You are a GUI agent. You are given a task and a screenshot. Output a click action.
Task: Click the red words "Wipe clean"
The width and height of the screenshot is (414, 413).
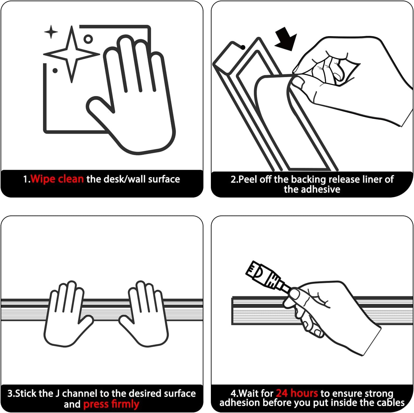(57, 179)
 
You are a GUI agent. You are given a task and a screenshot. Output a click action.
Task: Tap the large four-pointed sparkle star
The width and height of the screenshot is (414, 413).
(72, 54)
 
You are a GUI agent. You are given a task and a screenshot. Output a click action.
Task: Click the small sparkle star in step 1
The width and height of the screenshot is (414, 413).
(51, 32)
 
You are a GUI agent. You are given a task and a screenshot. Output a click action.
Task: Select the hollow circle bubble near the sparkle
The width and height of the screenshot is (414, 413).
(88, 39)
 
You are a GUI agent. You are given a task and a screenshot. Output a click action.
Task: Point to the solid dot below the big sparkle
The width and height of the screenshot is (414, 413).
(55, 70)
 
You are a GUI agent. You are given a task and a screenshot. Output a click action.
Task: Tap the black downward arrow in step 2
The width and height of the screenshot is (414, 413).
(286, 39)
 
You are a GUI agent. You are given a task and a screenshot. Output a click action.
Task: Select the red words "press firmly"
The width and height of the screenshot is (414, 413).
(111, 404)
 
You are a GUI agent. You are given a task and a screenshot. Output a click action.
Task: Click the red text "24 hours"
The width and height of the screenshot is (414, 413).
(297, 393)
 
